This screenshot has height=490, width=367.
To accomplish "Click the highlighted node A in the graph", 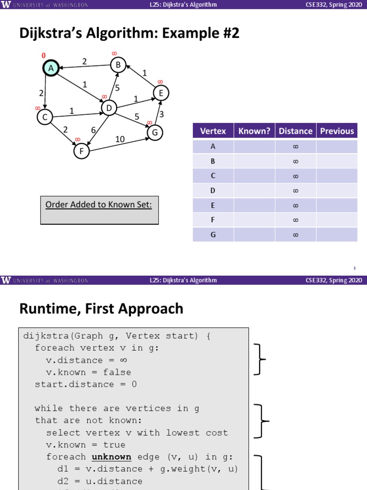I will pyautogui.click(x=51, y=68).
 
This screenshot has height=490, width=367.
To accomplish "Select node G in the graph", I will pyautogui.click(x=154, y=133).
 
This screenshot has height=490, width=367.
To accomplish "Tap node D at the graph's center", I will pyautogui.click(x=109, y=109).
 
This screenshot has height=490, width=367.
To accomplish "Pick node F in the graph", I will pyautogui.click(x=82, y=151).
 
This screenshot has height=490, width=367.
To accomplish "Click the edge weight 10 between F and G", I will pyautogui.click(x=120, y=139).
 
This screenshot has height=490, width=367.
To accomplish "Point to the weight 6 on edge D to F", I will pyautogui.click(x=94, y=129).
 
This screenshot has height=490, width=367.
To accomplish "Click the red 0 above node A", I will pyautogui.click(x=44, y=56).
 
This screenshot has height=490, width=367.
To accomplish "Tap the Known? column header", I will pyautogui.click(x=254, y=131).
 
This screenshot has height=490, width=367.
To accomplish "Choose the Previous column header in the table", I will pyautogui.click(x=337, y=131).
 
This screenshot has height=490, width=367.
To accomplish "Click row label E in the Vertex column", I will pyautogui.click(x=213, y=205).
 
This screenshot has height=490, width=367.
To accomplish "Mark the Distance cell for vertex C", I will pyautogui.click(x=295, y=176).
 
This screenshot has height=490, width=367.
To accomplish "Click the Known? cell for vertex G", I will pyautogui.click(x=254, y=234).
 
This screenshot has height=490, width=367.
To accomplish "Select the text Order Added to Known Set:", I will pyautogui.click(x=98, y=205).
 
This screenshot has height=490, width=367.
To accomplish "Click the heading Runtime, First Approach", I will pyautogui.click(x=101, y=309).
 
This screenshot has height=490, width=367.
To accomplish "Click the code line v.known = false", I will pyautogui.click(x=88, y=372).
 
